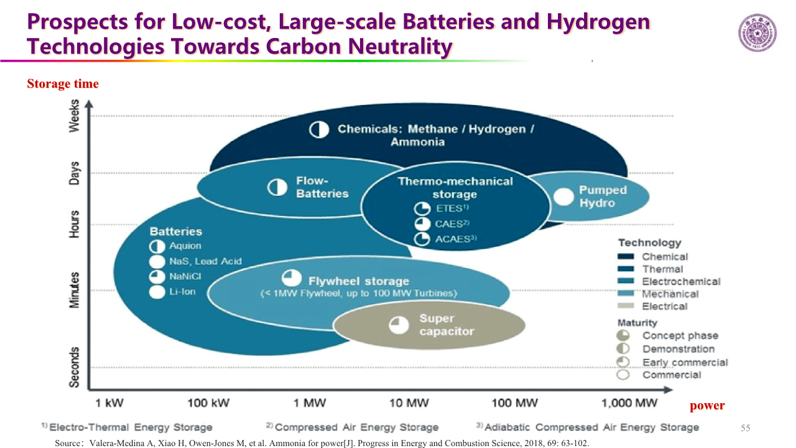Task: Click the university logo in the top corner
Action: point(757,33)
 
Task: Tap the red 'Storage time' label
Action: point(63,84)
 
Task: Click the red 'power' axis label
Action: point(707,406)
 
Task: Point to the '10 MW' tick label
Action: point(409,403)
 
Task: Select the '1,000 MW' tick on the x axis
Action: point(629,403)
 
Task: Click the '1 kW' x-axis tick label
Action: point(109,403)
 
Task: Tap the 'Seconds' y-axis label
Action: point(75,367)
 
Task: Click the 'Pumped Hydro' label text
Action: point(603,197)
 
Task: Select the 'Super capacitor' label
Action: point(447,325)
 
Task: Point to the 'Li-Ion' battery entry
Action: point(182,292)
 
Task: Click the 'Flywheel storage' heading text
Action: point(359,281)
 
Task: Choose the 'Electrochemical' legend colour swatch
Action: point(626,282)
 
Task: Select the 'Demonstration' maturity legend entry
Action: point(678,349)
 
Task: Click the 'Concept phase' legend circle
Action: point(622,336)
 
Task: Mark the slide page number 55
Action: point(746,428)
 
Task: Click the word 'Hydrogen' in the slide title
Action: point(598,22)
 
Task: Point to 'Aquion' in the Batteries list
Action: point(185,246)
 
